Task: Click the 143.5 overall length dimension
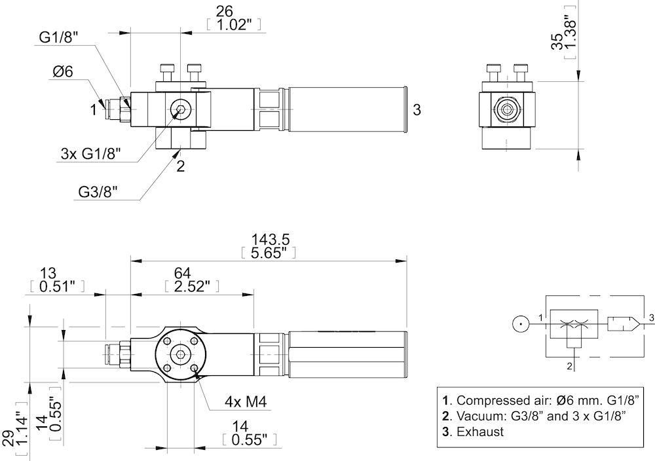[x=266, y=239]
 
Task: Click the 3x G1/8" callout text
[x=92, y=155]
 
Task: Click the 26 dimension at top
[x=224, y=10]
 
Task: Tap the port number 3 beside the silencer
[x=417, y=110]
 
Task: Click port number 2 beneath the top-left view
[x=180, y=166]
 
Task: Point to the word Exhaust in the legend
[x=480, y=432]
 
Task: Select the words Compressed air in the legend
[x=496, y=399]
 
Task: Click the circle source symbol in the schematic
[x=519, y=322]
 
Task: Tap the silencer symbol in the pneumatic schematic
[x=623, y=322]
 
